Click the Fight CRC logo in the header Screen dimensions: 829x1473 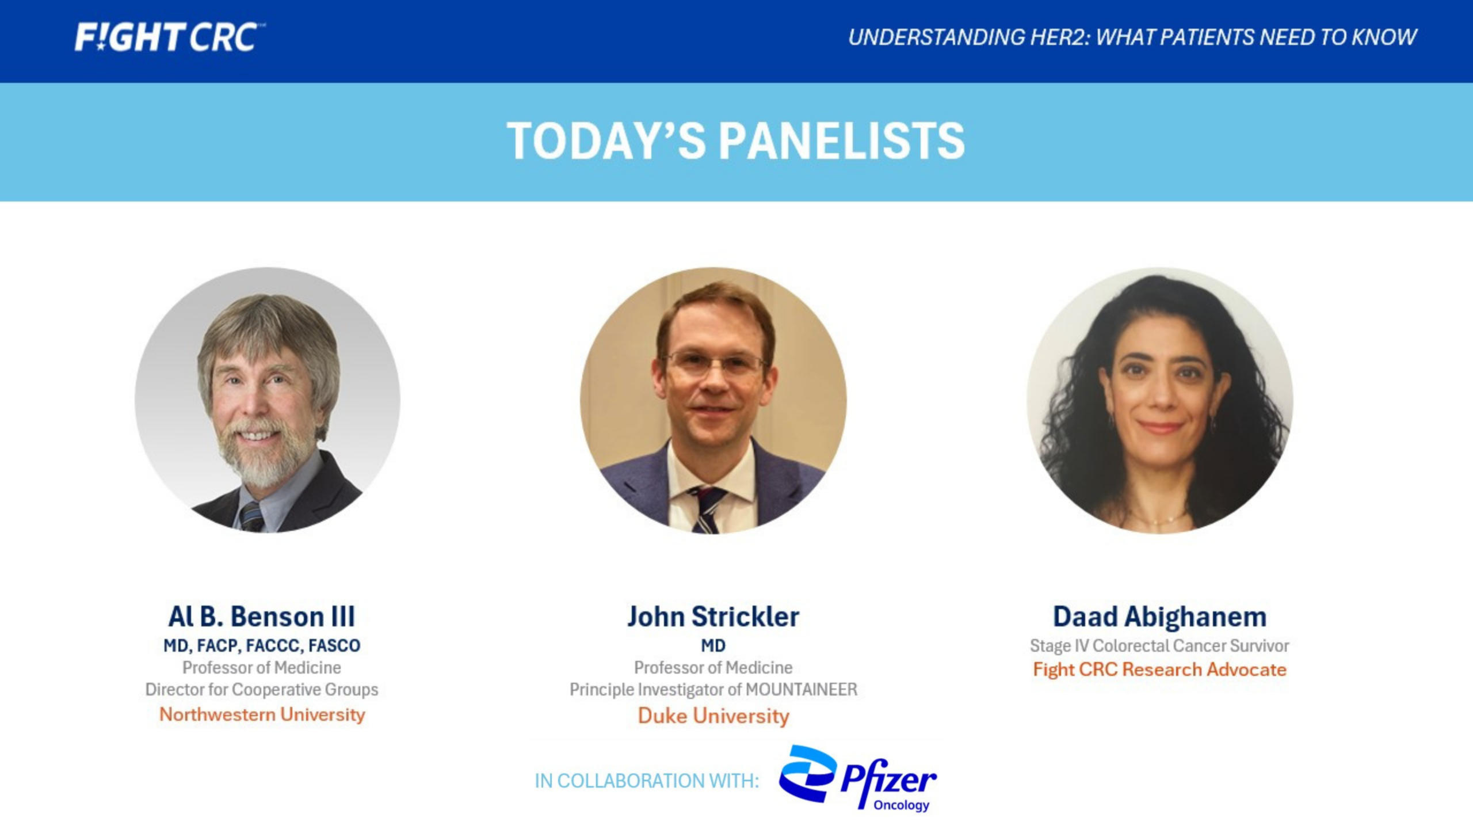pyautogui.click(x=170, y=38)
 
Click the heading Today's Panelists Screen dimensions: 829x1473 pyautogui.click(x=736, y=141)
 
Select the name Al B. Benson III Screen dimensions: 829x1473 pyautogui.click(x=262, y=617)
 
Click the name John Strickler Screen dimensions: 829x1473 pyautogui.click(x=713, y=617)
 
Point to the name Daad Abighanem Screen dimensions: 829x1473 pyautogui.click(x=1159, y=617)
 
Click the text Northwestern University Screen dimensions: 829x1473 pyautogui.click(x=262, y=714)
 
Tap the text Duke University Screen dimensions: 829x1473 pyautogui.click(x=713, y=716)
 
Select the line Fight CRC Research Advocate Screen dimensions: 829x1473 pyautogui.click(x=1159, y=670)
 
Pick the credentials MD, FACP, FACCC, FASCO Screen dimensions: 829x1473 pyautogui.click(x=262, y=645)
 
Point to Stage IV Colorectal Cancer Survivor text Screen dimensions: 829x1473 pyautogui.click(x=1159, y=646)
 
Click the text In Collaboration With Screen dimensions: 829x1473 pyautogui.click(x=647, y=781)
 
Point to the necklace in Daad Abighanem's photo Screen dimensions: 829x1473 pyautogui.click(x=1157, y=520)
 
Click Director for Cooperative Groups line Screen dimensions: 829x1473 pyautogui.click(x=262, y=689)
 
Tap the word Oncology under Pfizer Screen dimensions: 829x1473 pyautogui.click(x=901, y=805)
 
